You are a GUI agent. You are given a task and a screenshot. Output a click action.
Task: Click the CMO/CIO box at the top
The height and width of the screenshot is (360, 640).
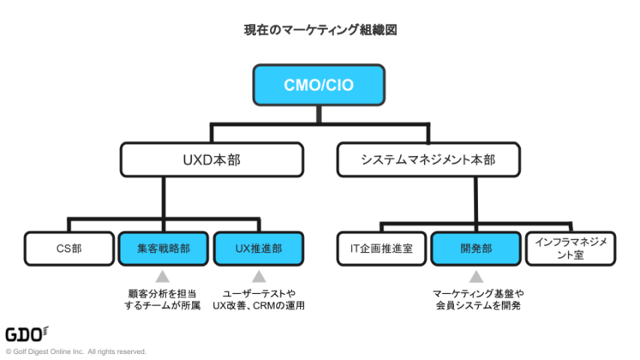tap(318, 85)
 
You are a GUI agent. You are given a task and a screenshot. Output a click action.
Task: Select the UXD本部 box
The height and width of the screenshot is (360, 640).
tap(212, 159)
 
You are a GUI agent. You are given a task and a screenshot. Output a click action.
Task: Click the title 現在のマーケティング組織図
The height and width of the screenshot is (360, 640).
tap(319, 29)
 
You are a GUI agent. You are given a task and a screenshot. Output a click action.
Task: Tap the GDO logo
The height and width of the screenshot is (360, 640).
tap(26, 333)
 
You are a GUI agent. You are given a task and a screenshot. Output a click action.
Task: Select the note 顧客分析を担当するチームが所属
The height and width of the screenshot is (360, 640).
tap(163, 298)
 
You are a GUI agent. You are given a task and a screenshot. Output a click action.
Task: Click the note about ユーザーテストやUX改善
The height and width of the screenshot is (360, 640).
tap(258, 298)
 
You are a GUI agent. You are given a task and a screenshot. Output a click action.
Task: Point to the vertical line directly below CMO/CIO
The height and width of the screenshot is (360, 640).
tap(319, 114)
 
